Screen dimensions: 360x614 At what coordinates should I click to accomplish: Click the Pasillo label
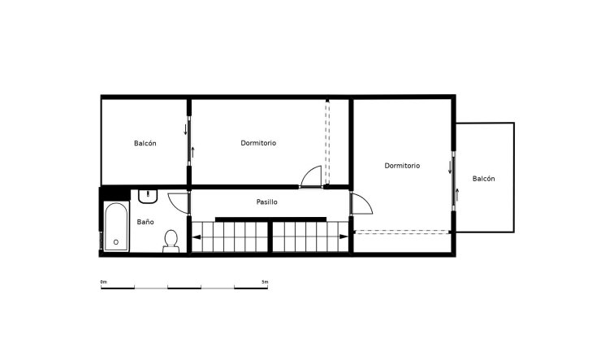[267, 202]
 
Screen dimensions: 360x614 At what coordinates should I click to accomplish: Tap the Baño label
[145, 221]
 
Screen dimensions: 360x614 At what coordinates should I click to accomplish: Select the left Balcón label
[145, 143]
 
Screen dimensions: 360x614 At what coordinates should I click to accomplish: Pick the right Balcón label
[484, 179]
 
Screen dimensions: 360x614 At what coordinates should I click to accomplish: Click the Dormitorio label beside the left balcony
[258, 143]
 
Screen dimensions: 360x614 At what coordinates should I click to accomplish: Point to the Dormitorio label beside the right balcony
[402, 165]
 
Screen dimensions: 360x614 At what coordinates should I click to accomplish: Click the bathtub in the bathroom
[115, 228]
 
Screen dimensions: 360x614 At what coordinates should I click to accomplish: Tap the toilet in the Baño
[171, 240]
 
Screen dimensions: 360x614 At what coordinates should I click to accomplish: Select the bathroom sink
[148, 197]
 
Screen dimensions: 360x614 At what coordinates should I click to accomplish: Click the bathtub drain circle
[115, 242]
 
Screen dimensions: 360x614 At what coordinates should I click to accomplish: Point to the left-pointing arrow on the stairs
[196, 237]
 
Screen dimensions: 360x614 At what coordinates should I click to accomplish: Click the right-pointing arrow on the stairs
[347, 236]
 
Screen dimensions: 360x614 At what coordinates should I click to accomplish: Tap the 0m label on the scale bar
[103, 281]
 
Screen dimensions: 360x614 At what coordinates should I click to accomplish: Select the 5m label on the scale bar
[265, 281]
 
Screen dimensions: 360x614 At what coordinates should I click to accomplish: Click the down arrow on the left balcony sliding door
[186, 128]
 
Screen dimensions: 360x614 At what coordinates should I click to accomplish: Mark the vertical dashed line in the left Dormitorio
[326, 142]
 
